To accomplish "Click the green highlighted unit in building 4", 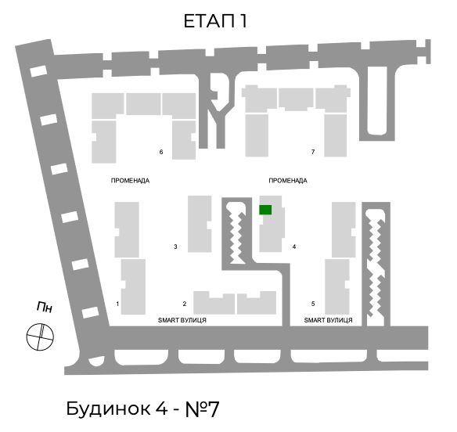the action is pos(265,210).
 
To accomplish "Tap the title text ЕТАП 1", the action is pos(216,21).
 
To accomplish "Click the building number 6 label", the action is pos(161,152).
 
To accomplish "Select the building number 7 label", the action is pos(313,152).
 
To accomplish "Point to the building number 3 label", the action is pos(175,247).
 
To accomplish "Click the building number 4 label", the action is pos(294,247).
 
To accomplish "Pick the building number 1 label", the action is pos(117,304).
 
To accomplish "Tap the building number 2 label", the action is pos(185,304).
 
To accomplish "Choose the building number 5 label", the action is pos(313,304).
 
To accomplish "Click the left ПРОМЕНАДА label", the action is pos(130,181).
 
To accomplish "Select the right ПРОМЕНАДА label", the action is pos(288,181).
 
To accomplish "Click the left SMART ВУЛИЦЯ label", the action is pos(182,320).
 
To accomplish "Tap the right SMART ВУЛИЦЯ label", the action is pos(329,320).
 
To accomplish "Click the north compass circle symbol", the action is pos(40,337).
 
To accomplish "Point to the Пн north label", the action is pos(45,308).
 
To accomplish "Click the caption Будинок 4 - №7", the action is pos(142,409).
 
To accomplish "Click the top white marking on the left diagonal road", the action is pos(38,71).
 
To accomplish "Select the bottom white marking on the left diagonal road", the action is pos(90,312).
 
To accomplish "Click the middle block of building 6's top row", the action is pos(143,104).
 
